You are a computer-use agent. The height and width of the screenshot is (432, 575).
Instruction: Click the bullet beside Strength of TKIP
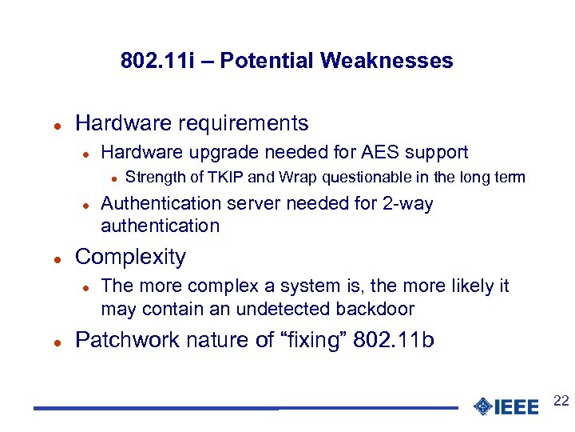113,178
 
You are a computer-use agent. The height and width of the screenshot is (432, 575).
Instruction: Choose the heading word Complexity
130,257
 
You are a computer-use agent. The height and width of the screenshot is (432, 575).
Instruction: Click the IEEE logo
506,406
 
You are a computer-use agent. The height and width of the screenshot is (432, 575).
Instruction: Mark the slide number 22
561,401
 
